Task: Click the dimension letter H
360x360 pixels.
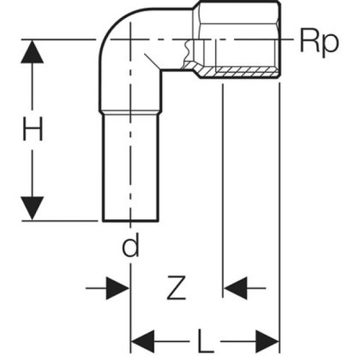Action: [x=33, y=130]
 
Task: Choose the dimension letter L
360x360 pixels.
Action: [x=205, y=340]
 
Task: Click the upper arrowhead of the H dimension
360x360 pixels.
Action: [x=33, y=52]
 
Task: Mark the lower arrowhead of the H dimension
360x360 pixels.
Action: [x=33, y=208]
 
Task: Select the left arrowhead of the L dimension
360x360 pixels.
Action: [x=143, y=340]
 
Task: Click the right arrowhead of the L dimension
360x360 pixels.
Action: [x=268, y=340]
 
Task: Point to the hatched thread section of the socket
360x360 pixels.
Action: [x=242, y=71]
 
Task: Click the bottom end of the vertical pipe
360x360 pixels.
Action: [x=130, y=220]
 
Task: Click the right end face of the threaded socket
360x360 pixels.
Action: [x=280, y=39]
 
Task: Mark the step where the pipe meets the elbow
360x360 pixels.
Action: [x=130, y=112]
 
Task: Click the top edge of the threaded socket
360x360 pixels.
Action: [x=239, y=2]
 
